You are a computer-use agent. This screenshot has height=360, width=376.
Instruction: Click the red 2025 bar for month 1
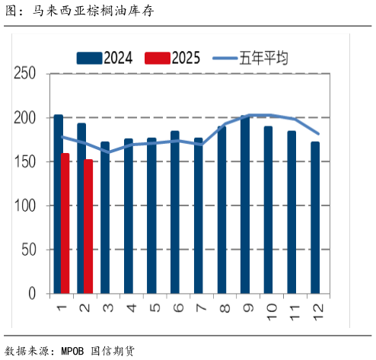(65, 223)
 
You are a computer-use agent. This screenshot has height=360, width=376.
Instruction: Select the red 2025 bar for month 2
(88, 226)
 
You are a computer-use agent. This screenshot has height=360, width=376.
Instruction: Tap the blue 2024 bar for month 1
(58, 204)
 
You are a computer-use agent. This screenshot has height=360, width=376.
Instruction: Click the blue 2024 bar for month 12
(314, 218)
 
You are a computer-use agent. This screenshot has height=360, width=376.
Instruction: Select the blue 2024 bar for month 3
(105, 218)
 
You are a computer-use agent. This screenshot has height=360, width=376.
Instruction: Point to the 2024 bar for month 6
(175, 212)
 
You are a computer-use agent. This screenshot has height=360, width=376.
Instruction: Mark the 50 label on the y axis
(28, 250)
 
